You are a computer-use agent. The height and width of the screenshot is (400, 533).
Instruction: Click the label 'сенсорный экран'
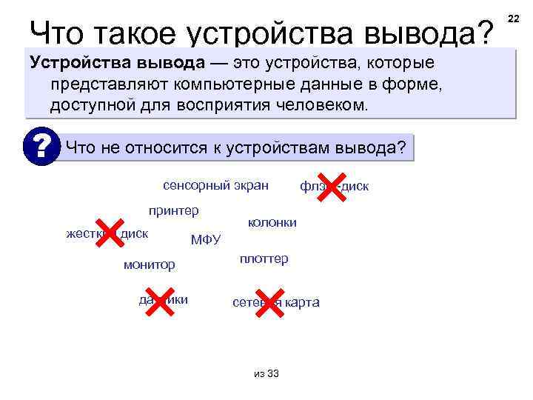[215, 184]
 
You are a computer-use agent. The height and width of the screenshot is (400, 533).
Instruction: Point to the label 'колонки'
[272, 222]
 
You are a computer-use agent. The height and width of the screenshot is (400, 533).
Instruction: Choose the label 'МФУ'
[206, 239]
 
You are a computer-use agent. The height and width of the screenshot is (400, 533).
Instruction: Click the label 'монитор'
[150, 264]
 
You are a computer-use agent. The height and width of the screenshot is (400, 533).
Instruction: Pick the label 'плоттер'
[264, 259]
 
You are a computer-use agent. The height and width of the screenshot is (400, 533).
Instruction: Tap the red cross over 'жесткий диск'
[110, 233]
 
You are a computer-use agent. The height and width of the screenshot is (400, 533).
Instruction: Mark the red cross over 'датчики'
[159, 300]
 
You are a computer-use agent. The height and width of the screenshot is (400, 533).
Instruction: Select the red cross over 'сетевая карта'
[269, 301]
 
